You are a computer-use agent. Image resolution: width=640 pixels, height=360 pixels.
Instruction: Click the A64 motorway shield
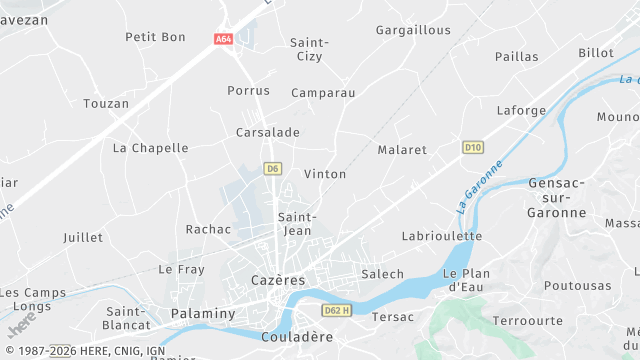click(x=223, y=39)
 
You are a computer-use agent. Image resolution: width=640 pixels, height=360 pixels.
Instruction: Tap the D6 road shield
click(x=272, y=168)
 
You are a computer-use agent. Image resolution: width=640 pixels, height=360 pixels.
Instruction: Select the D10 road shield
click(x=473, y=147)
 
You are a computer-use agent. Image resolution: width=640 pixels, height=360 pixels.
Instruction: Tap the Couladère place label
click(x=296, y=337)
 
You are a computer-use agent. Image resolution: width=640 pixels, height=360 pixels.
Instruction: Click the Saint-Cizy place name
click(x=309, y=49)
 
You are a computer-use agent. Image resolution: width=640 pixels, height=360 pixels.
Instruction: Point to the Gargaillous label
click(x=413, y=30)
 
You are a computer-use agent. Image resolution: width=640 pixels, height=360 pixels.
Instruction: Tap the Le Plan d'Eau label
click(x=466, y=280)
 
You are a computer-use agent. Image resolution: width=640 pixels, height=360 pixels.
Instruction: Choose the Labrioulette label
click(x=441, y=236)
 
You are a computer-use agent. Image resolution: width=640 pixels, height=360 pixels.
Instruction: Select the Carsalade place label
click(x=267, y=132)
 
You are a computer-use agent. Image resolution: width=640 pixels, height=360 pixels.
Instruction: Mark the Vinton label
click(x=325, y=174)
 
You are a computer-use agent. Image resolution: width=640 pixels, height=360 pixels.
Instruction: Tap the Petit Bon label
click(x=155, y=37)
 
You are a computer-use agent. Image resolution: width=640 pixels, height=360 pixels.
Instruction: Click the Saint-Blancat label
click(x=127, y=317)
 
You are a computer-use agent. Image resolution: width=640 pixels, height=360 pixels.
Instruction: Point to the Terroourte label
click(x=528, y=321)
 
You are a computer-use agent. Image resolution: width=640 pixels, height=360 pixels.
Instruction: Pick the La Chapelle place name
click(x=150, y=148)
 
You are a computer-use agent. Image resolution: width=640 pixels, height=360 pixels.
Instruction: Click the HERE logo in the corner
click(x=21, y=326)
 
